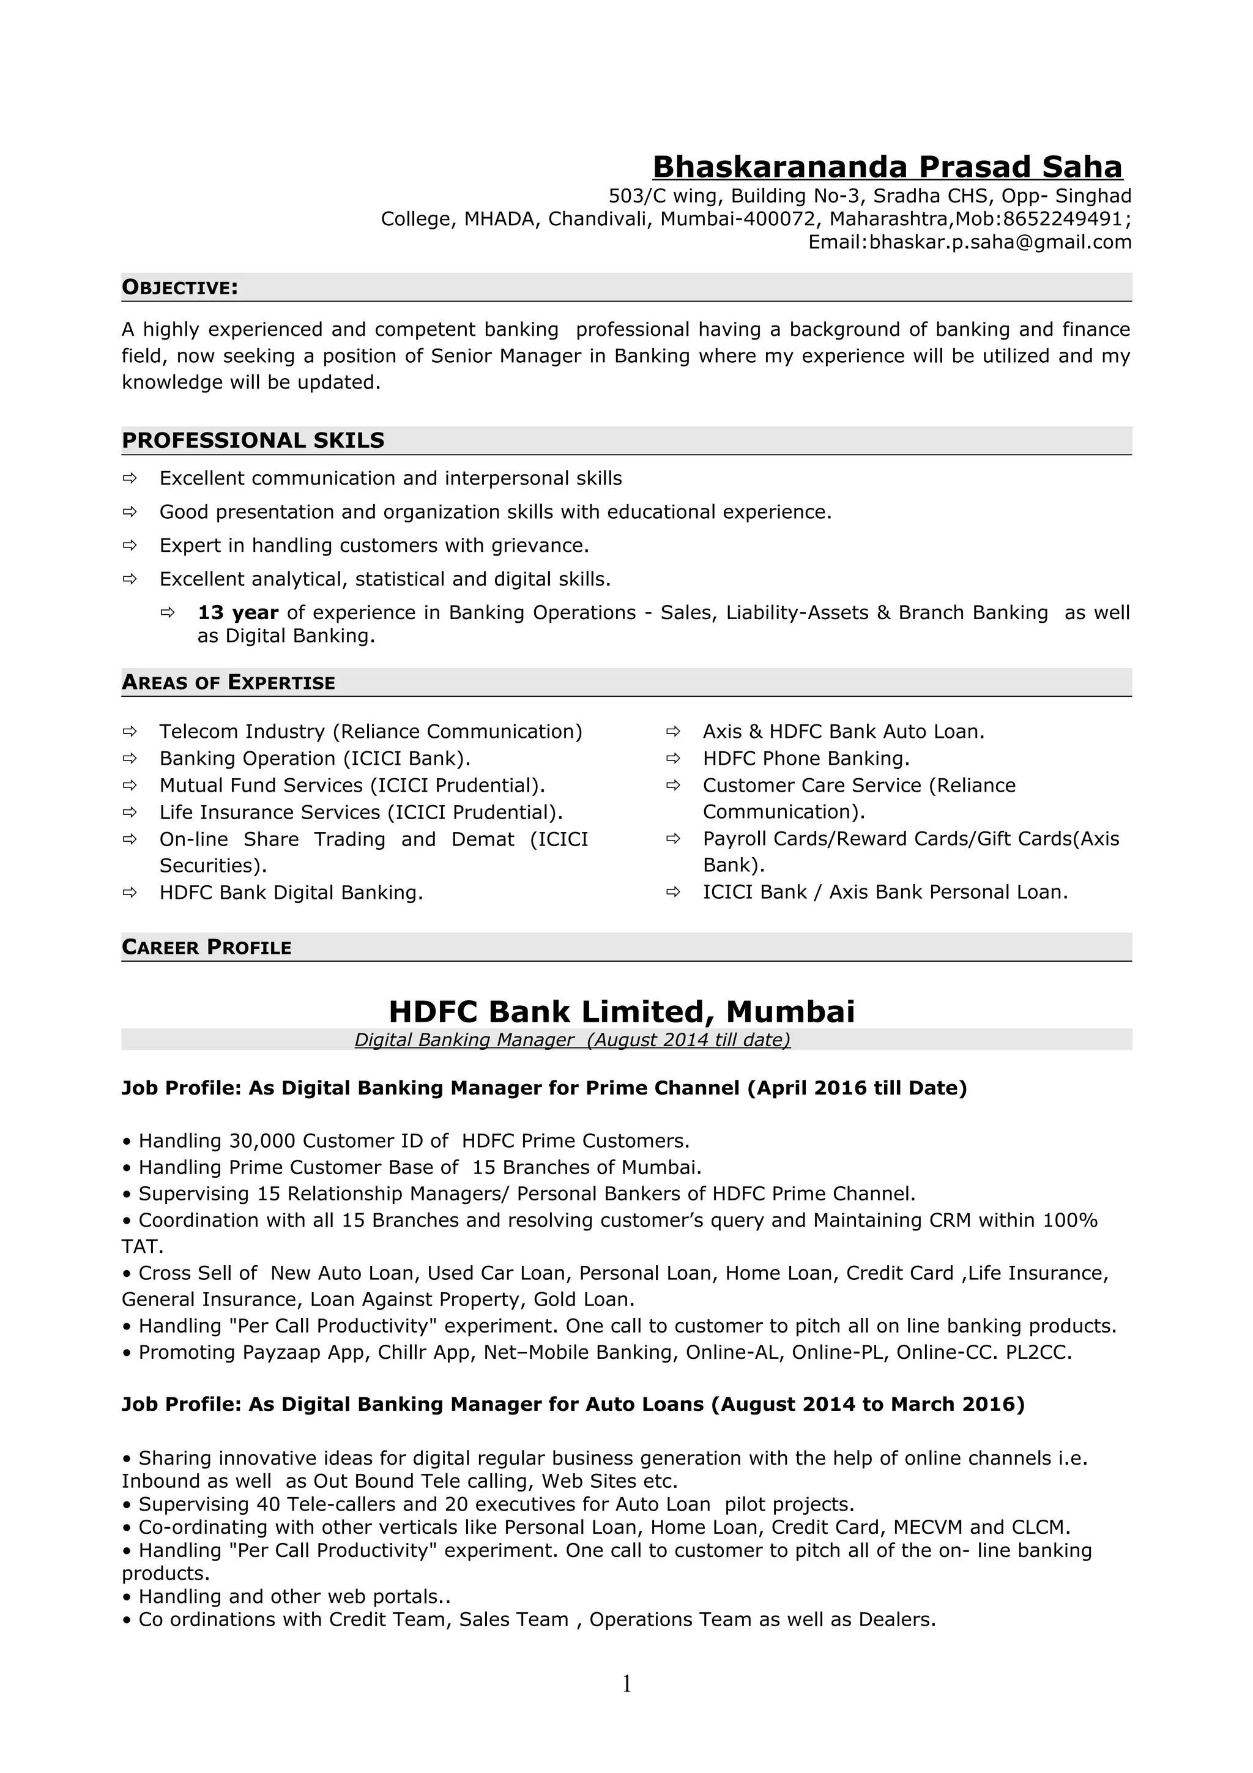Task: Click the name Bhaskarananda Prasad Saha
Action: [887, 167]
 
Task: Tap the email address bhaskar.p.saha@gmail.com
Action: [1000, 242]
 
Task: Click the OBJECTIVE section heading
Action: [180, 288]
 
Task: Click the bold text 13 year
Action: [238, 612]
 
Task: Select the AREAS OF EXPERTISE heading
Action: [228, 683]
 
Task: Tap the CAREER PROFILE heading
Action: [206, 948]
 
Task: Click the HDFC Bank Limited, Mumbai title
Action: [622, 1011]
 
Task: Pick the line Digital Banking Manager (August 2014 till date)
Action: [572, 1039]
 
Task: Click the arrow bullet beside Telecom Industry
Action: [130, 731]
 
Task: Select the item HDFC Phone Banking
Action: [805, 758]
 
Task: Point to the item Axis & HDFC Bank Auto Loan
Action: [843, 731]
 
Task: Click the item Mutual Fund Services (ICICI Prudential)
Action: [352, 786]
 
